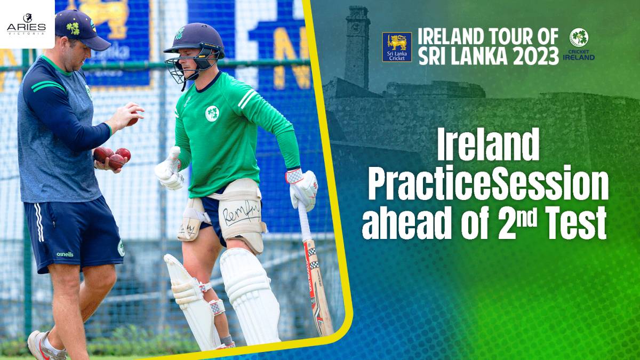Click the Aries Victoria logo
[26, 23]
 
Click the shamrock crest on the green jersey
[212, 113]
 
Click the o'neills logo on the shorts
[65, 254]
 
